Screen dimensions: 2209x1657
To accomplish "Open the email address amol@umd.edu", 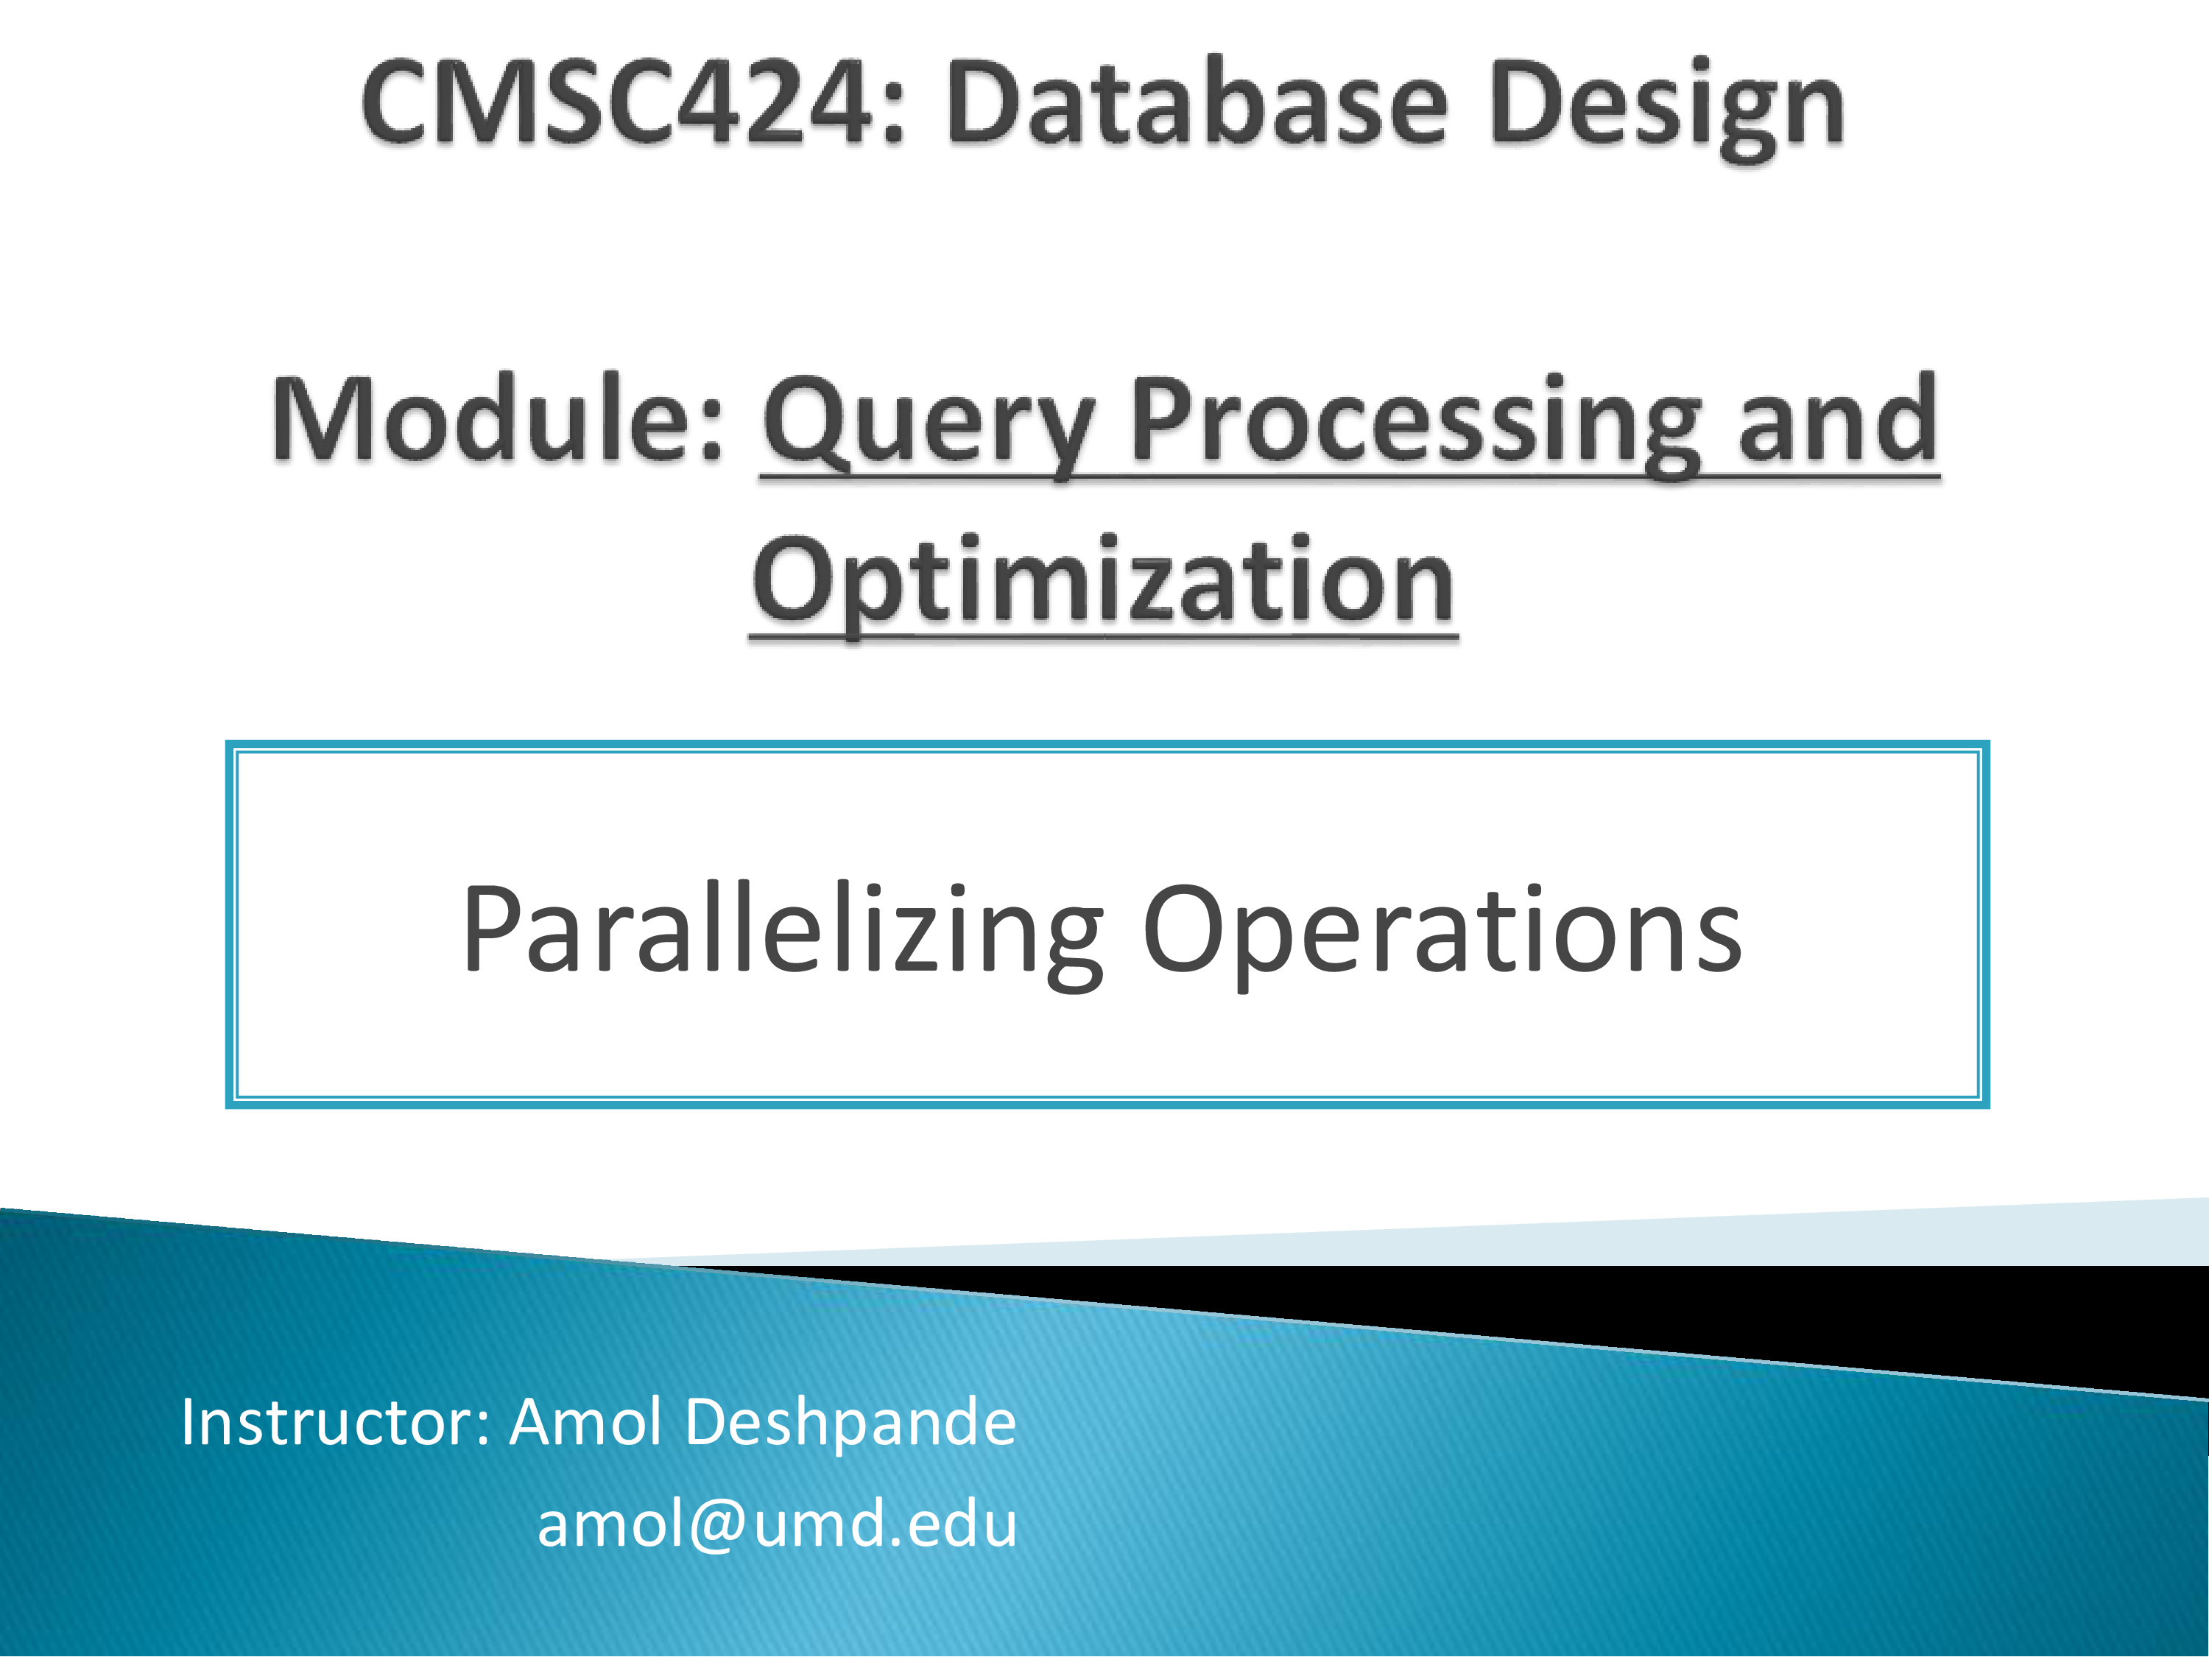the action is coord(777,1525).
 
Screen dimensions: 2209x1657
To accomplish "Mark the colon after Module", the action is coord(710,434).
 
